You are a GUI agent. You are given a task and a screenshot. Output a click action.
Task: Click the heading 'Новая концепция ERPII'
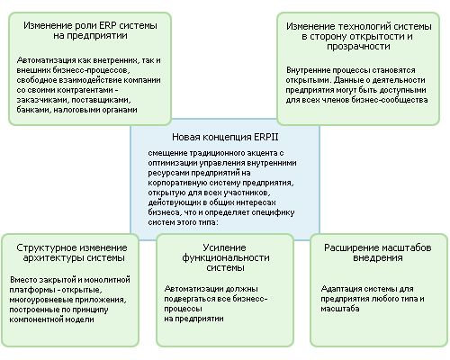click(225, 137)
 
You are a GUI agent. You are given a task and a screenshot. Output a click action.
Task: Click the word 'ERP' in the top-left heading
click(108, 25)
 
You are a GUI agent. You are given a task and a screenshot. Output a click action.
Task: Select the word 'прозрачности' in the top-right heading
click(358, 47)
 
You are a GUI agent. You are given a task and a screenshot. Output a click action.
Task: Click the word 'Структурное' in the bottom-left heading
click(44, 248)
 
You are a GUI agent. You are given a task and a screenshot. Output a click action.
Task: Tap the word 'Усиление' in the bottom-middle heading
click(224, 247)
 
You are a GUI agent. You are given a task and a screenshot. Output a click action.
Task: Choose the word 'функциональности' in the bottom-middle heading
click(226, 258)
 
